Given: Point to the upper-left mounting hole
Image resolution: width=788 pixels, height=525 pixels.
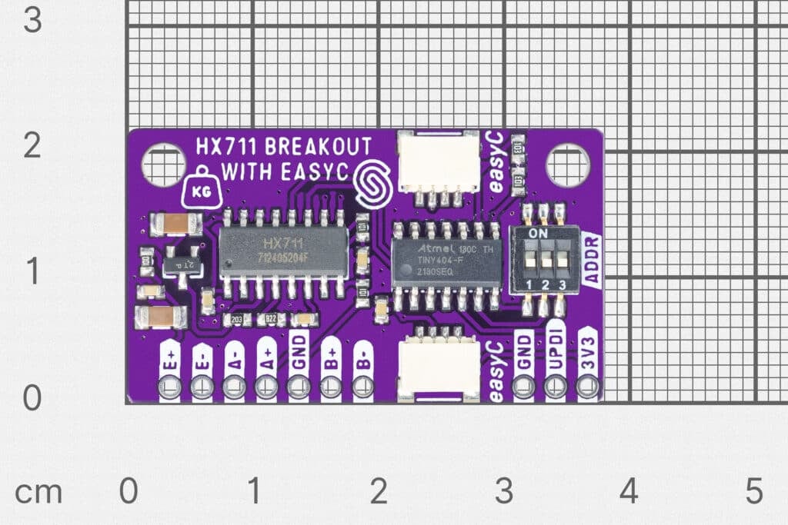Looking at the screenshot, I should pos(163,164).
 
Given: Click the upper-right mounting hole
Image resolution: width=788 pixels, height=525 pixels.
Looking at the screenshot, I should pos(567,164).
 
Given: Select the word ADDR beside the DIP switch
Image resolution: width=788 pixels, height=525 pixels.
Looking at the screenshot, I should pos(593,259).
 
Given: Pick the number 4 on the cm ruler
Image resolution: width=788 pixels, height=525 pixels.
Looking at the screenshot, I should pos(629,490).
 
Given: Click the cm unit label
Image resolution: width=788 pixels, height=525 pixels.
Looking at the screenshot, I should pos(39,492).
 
